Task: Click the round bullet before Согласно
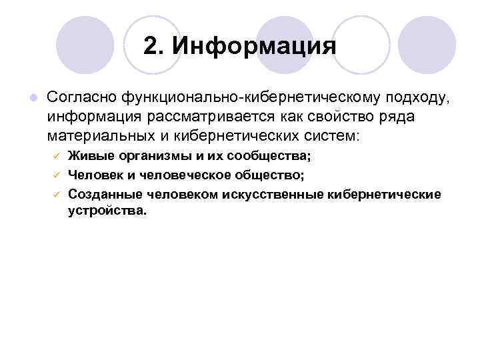[x=32, y=99]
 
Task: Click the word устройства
[x=105, y=211]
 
